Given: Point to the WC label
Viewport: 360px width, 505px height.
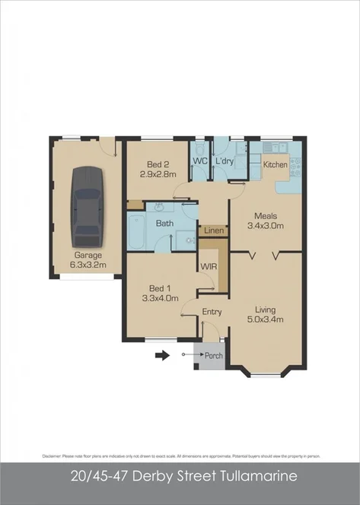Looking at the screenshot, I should click(201, 161).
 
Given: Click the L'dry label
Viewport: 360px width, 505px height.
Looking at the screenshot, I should click(224, 161).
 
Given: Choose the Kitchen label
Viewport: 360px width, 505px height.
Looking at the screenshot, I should click(275, 164).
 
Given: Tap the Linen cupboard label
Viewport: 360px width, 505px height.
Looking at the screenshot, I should click(213, 229).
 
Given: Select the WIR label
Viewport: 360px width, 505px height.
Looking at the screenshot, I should click(209, 266).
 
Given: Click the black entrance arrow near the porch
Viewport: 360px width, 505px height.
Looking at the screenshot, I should click(161, 354).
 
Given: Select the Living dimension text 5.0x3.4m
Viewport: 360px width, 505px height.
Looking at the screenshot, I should click(265, 319).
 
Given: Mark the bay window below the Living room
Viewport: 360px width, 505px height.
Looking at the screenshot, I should click(265, 373).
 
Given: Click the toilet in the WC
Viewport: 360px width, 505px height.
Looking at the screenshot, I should click(199, 173).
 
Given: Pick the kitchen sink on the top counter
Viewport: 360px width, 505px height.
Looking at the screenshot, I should click(273, 145).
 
